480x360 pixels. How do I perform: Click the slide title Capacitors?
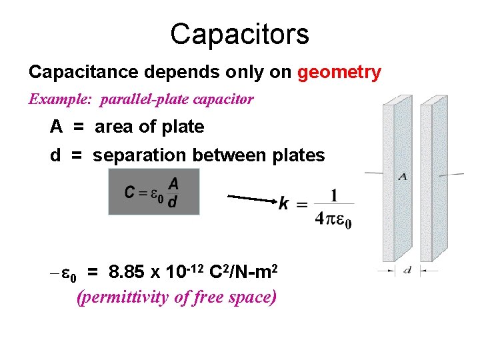tap(239, 33)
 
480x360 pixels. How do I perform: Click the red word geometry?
tap(339, 72)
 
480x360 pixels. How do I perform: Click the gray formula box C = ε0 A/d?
tap(153, 191)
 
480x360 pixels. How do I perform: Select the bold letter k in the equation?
tap(284, 203)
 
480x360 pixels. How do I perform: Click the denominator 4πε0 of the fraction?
tap(333, 219)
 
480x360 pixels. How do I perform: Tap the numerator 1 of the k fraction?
tap(333, 195)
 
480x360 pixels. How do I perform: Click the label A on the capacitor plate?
tap(403, 177)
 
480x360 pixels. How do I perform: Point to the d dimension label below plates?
tap(407, 270)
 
